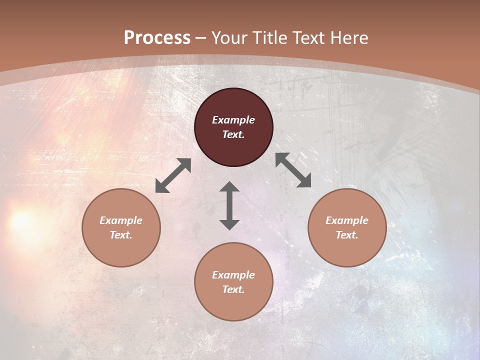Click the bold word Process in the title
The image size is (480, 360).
pos(157,38)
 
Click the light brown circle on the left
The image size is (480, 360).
pos(121,227)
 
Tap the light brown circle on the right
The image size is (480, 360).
pos(347,227)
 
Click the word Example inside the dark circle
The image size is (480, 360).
pos(233,120)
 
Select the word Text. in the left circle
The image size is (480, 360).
pos(121,235)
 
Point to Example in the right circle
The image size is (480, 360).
pos(347,220)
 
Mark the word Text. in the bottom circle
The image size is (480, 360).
pos(233,289)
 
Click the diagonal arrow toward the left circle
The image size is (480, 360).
pos(173,175)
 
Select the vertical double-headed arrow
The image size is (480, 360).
pos(229,205)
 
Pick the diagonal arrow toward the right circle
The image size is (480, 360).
pos(293,170)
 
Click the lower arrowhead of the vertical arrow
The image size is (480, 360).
pos(229,224)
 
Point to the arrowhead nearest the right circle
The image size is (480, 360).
pos(304,181)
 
